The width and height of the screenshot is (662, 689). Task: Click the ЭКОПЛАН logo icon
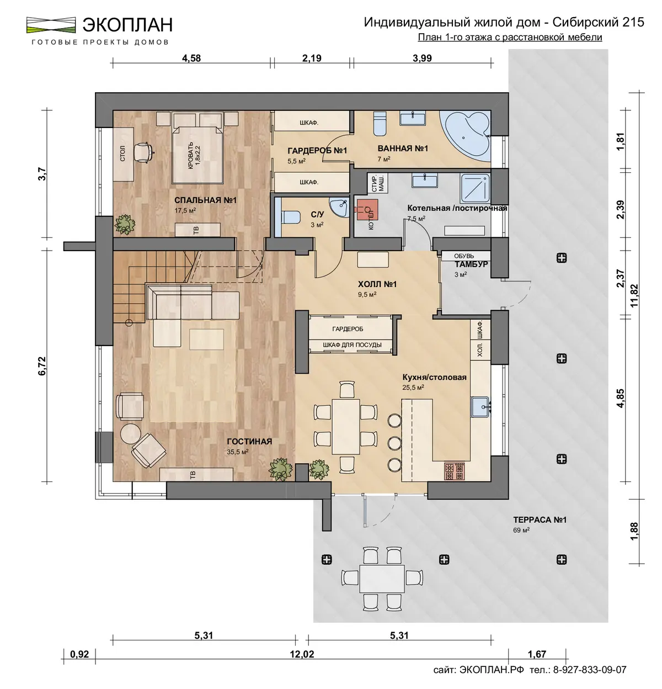[x=51, y=25]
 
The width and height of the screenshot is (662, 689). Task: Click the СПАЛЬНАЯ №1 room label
[x=205, y=200]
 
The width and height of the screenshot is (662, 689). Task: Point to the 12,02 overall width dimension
[x=302, y=654]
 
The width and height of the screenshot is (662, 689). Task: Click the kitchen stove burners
[x=455, y=471]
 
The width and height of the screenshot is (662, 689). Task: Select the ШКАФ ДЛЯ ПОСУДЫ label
[x=352, y=345]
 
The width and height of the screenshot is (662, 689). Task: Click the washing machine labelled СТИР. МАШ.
[x=378, y=182]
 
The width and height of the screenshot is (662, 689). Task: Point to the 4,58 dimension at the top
[x=191, y=58]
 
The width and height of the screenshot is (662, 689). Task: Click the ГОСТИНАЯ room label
[x=249, y=442]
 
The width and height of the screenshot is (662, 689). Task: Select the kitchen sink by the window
[x=481, y=407]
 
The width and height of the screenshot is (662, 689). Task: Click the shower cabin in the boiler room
[x=475, y=188]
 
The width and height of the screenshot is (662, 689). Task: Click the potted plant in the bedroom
[x=125, y=224]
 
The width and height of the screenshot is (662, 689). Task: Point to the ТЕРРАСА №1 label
[x=540, y=520]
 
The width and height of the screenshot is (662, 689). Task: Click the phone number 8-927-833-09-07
[x=590, y=670]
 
